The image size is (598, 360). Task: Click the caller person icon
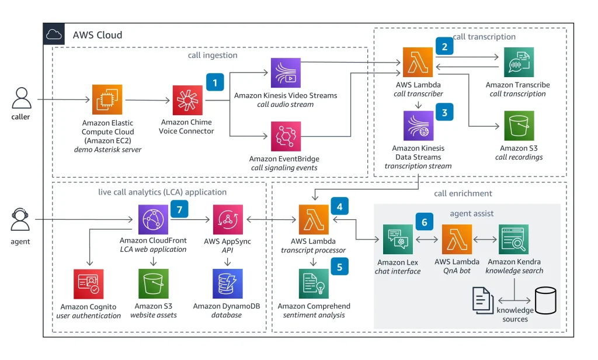22,99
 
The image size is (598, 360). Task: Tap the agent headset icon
20,220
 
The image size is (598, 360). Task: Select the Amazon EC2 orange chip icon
107,99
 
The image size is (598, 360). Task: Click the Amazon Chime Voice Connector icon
187,100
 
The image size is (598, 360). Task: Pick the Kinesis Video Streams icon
286,73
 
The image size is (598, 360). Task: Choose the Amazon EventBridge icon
286,136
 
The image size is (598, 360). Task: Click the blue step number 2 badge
444,46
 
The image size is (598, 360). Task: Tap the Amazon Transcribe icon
519,62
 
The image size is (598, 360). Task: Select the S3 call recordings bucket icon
519,126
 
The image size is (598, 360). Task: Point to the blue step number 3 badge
444,112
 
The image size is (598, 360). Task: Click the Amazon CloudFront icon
153,220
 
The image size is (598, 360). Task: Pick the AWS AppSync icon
228,220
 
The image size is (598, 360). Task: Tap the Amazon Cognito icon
89,284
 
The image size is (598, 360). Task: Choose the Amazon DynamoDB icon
227,283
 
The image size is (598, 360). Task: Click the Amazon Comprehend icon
314,283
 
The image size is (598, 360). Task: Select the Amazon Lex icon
398,240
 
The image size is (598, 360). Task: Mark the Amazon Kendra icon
513,240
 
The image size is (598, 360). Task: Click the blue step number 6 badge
424,222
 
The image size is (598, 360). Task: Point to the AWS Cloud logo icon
54,34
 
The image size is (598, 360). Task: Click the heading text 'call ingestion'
213,55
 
